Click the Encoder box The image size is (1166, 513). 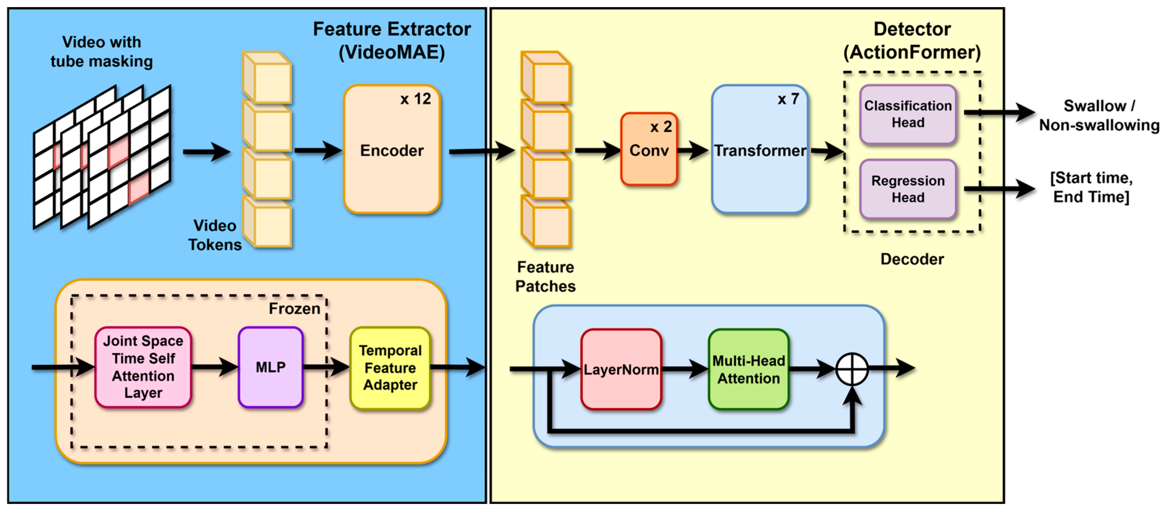(392, 150)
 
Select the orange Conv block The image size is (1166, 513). (649, 150)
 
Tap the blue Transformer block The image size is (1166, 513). (759, 150)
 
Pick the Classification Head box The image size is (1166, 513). (907, 114)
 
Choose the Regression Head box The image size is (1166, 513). (907, 189)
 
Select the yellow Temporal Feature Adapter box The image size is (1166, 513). (390, 368)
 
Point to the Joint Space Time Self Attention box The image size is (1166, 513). (143, 367)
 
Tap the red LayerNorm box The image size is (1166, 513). (621, 369)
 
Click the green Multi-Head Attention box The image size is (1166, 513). (748, 369)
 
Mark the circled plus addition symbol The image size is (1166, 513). (851, 369)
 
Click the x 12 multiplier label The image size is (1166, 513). (415, 99)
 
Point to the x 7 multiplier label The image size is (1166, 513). (788, 99)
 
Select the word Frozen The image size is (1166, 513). (294, 308)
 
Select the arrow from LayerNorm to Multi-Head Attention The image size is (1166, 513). (685, 369)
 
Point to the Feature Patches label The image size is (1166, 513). (545, 276)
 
